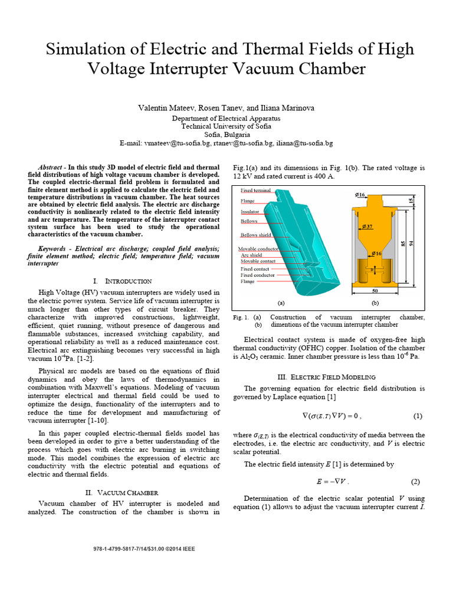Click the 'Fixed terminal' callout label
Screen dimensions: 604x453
(x=255, y=191)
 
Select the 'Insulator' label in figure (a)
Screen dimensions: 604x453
(x=251, y=211)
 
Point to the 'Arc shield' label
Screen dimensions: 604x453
(x=252, y=255)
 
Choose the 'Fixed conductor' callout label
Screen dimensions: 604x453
(x=258, y=275)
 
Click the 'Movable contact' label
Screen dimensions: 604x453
(x=258, y=261)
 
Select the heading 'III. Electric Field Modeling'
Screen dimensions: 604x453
(x=326, y=376)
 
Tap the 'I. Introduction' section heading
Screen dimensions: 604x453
(x=123, y=281)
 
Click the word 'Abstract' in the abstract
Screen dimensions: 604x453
(x=50, y=167)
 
